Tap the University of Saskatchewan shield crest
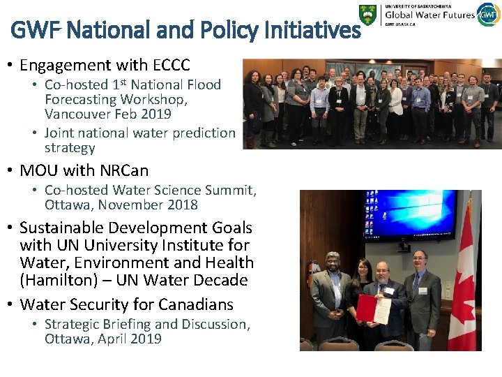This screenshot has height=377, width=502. point(367,15)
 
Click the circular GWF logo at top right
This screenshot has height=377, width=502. point(488,14)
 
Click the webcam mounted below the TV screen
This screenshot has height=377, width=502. point(404,246)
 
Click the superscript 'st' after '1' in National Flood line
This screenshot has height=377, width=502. point(123,82)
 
